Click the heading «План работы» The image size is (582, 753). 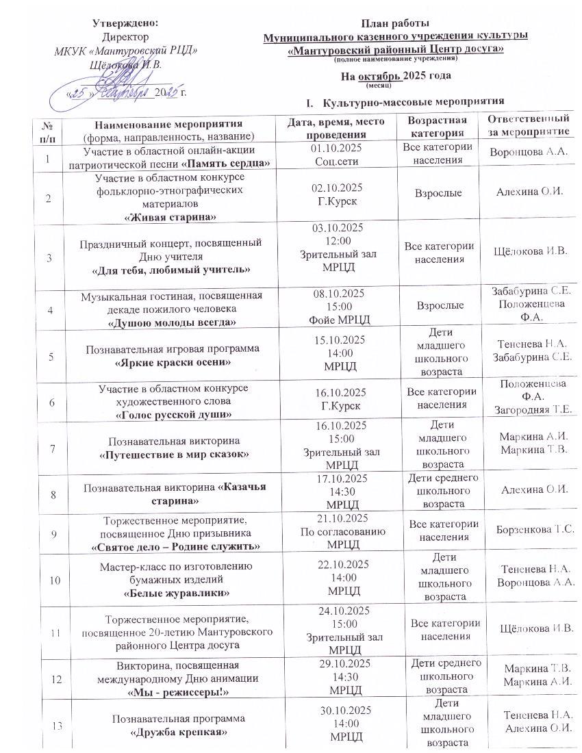click(395, 25)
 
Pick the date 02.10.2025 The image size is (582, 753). click(336, 188)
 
